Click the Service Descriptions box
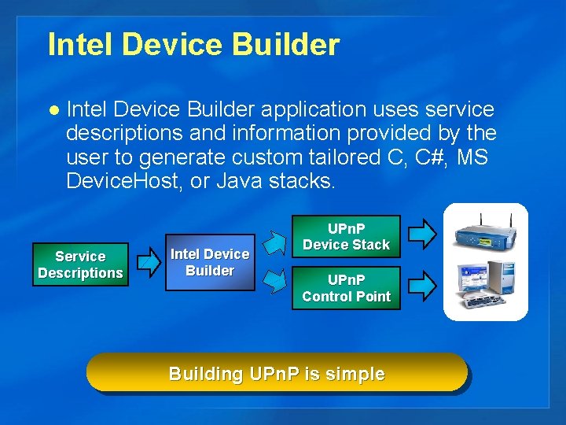click(x=80, y=265)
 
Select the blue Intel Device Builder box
click(x=210, y=263)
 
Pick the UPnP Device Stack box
click(x=347, y=236)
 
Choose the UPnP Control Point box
click(x=347, y=288)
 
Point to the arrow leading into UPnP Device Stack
click(x=274, y=238)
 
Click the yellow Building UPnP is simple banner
click(x=277, y=373)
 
